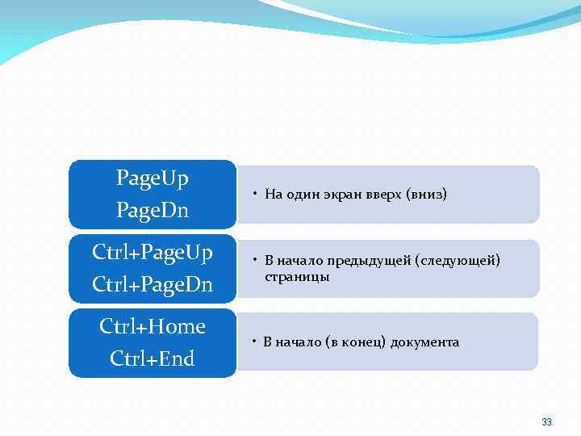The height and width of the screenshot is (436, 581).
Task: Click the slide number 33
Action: point(546,422)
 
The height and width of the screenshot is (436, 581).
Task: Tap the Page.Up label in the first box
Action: point(153,178)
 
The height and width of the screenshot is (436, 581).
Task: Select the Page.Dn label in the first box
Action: point(153,210)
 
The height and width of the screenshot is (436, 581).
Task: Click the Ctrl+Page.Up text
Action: point(153,253)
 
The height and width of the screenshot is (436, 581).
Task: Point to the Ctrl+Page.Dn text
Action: point(153,285)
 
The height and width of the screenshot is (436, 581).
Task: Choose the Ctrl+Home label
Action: point(153,326)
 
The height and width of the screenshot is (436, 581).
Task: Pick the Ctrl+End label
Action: point(153,358)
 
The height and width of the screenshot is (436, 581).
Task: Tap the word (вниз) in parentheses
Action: point(427,195)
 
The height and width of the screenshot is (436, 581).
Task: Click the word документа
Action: point(425,342)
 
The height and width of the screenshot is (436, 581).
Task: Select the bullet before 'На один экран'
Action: point(253,195)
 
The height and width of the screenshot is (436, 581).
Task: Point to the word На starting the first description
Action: point(273,195)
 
